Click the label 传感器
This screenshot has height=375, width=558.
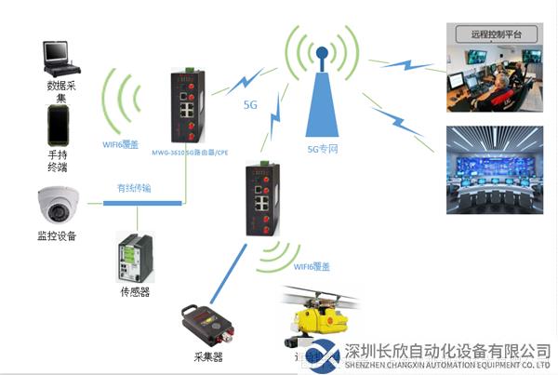135,291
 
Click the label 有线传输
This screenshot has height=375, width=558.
136,187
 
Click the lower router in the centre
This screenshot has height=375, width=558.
263,202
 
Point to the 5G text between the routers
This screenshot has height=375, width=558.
250,104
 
